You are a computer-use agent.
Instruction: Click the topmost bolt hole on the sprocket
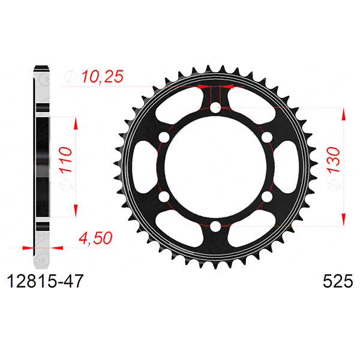click(215, 108)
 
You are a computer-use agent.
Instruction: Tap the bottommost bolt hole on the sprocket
click(215, 225)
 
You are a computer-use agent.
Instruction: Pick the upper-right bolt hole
click(265, 137)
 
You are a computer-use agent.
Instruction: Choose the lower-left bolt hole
click(164, 196)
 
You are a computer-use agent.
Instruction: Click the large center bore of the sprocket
click(215, 167)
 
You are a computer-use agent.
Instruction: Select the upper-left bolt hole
click(164, 137)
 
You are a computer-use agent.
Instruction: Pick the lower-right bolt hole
click(265, 196)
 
